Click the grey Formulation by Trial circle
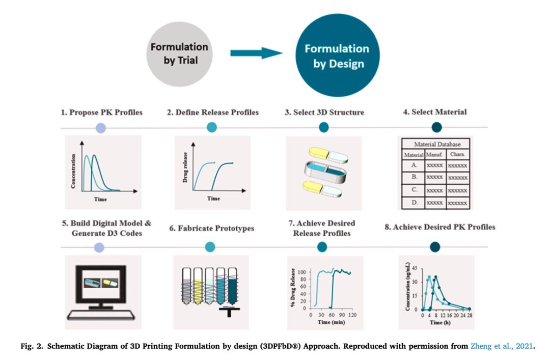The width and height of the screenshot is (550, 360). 179,54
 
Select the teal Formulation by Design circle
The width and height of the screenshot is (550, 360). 338,55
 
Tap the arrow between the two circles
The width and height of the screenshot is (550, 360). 256,53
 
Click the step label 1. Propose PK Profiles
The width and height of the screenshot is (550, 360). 102,113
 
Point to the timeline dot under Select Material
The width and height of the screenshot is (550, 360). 437,127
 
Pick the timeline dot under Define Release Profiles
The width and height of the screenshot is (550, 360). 211,127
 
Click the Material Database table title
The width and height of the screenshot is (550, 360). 437,144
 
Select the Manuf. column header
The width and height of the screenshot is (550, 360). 434,154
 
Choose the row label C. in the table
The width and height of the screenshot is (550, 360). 414,189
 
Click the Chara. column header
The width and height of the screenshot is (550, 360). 457,154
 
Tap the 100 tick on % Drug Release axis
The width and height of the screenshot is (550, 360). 301,272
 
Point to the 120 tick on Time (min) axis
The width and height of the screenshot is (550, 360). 352,315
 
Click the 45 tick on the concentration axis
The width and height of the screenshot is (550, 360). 415,268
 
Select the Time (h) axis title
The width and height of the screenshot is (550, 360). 440,322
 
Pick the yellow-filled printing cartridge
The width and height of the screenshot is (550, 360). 198,286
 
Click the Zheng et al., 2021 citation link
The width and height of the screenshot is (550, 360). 502,346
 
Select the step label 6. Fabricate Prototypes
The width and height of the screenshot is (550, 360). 212,228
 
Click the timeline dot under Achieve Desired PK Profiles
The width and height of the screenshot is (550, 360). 435,246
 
